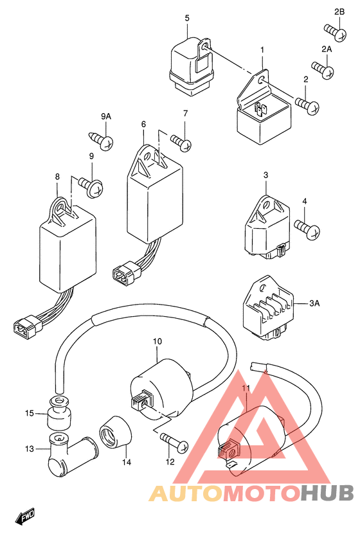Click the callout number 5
click(187, 18)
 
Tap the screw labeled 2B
click(335, 32)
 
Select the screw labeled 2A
click(323, 69)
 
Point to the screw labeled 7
click(181, 143)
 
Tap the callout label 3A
click(314, 303)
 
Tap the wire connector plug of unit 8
click(27, 325)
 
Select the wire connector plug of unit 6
click(127, 271)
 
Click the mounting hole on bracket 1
click(261, 80)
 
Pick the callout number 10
click(157, 341)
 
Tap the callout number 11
click(246, 387)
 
